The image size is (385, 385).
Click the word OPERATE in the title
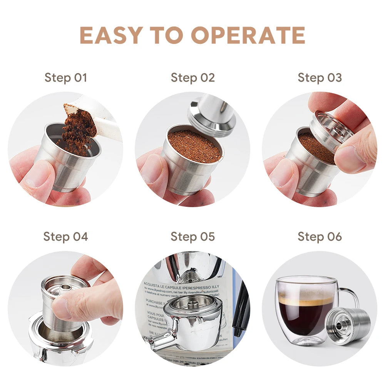(x=248, y=35)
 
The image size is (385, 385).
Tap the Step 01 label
(x=66, y=77)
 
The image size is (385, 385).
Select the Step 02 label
(x=192, y=77)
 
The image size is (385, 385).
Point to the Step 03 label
(x=320, y=77)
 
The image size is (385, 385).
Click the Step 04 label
(x=66, y=236)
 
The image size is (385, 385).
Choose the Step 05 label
(x=192, y=236)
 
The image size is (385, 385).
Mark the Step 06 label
(x=320, y=236)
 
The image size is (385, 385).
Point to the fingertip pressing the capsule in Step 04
(x=64, y=308)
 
